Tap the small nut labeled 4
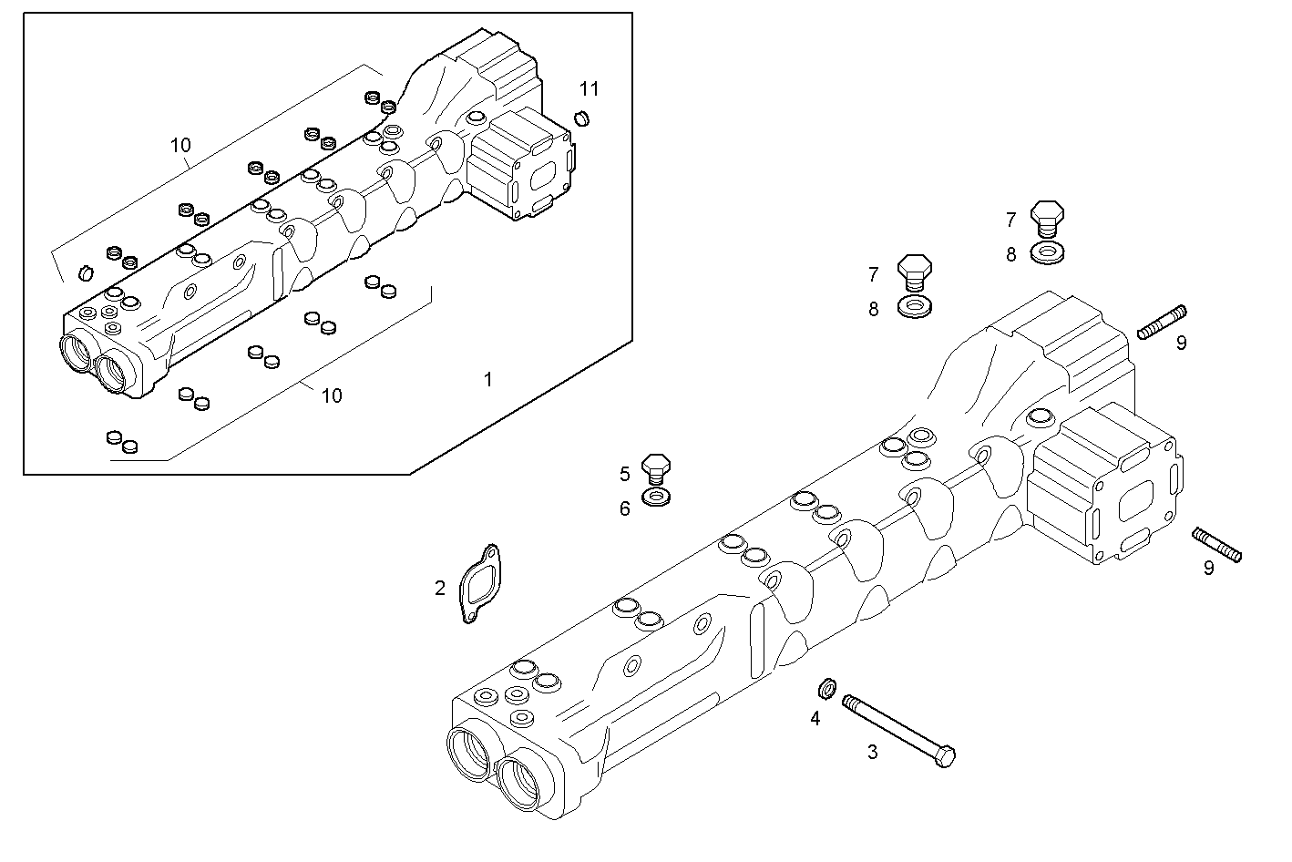pyautogui.click(x=828, y=686)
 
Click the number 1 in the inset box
pyautogui.click(x=487, y=379)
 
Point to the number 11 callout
pyautogui.click(x=590, y=88)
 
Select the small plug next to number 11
pyautogui.click(x=583, y=118)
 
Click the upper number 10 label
pyautogui.click(x=180, y=145)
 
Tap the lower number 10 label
pyautogui.click(x=332, y=395)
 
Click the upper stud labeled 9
pyautogui.click(x=1162, y=323)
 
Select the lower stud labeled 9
pyautogui.click(x=1216, y=545)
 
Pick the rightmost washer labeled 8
pyautogui.click(x=1051, y=251)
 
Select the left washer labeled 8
pyautogui.click(x=915, y=307)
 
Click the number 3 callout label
pyautogui.click(x=872, y=752)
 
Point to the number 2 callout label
pyautogui.click(x=439, y=589)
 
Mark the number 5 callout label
pyautogui.click(x=625, y=474)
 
